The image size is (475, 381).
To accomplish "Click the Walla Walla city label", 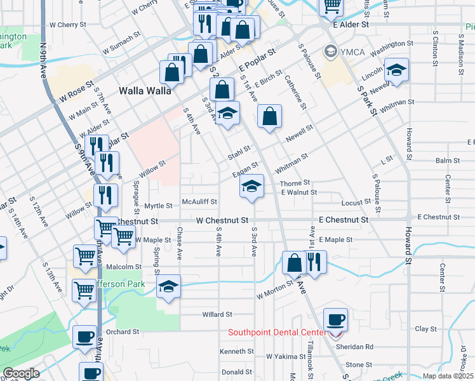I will [145, 91].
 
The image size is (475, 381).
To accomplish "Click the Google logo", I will [21, 373].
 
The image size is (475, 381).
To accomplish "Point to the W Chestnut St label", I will [222, 220].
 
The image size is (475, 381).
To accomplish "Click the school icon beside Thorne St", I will [252, 187].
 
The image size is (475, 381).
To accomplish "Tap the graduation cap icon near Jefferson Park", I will [169, 286].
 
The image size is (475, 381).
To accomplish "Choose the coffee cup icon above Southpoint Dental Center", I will [335, 319].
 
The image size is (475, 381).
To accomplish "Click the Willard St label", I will [217, 314].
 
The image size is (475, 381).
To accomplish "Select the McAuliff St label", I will [201, 202].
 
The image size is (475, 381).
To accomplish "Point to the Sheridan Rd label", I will [359, 347].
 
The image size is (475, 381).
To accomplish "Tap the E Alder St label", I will [351, 24].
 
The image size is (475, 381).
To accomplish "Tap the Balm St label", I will [447, 161].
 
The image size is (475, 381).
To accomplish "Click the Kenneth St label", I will [237, 351].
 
